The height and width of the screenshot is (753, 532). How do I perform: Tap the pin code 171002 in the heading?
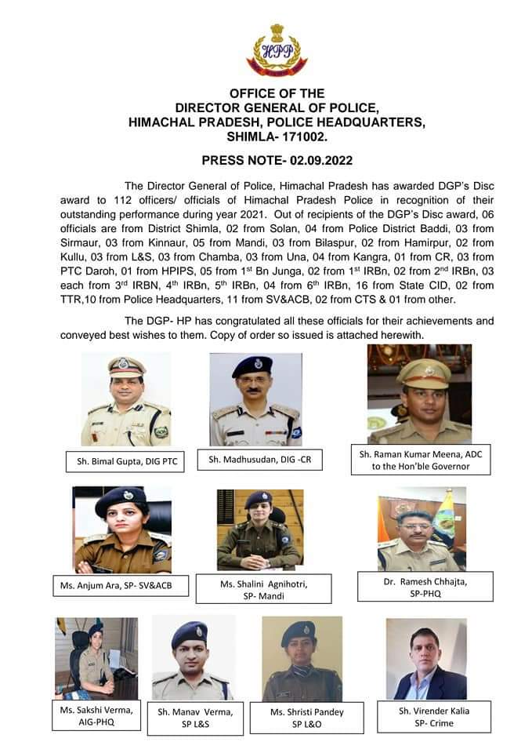[300, 136]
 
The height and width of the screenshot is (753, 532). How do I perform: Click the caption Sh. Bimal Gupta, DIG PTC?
[126, 462]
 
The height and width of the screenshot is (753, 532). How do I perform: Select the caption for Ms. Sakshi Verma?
[96, 715]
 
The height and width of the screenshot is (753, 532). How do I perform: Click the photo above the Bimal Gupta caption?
[126, 399]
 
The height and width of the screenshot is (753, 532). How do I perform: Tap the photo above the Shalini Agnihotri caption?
[259, 529]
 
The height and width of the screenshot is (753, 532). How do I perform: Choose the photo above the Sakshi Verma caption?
[96, 659]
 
